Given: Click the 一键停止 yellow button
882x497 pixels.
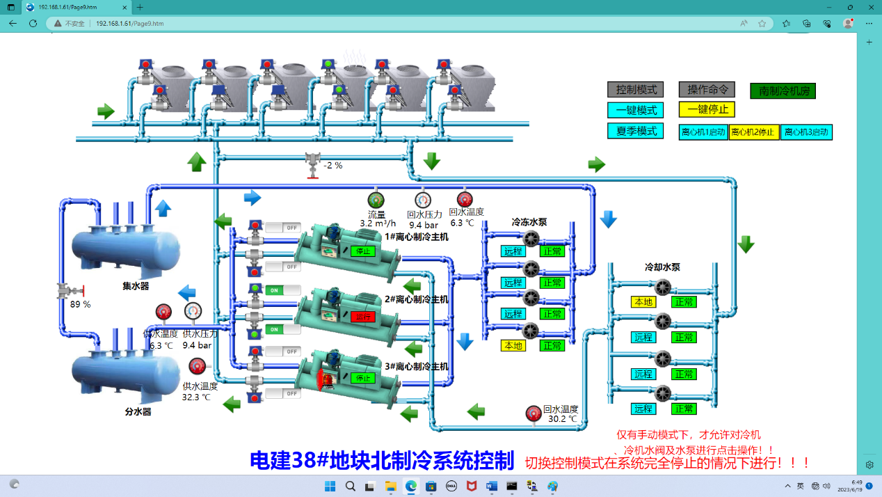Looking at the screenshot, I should (707, 110).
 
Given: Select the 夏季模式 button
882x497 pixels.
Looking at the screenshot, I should (636, 131).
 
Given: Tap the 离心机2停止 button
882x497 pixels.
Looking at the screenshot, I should (754, 132).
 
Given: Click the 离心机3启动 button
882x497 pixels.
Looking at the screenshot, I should (806, 132).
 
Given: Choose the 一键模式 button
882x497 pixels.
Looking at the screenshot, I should (636, 110).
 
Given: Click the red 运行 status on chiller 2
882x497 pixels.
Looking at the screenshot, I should (363, 317).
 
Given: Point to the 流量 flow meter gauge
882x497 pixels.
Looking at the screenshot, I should (376, 200).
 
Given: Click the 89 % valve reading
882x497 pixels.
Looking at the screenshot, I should (80, 304).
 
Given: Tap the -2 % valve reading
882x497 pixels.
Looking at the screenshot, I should (333, 166).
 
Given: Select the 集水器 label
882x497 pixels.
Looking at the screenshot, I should (136, 285).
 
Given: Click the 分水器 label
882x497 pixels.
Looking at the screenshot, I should (138, 411).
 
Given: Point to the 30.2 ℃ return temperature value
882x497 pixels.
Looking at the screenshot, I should (562, 419).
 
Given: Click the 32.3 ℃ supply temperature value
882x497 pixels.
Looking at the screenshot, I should (197, 397).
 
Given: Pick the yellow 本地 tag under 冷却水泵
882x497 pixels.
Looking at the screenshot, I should (643, 302).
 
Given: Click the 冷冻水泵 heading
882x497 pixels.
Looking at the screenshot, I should (529, 223).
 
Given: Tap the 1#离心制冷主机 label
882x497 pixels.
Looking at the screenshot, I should (417, 237).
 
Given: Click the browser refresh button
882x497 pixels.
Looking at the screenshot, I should (33, 23).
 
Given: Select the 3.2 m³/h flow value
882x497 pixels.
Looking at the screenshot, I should (378, 224).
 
